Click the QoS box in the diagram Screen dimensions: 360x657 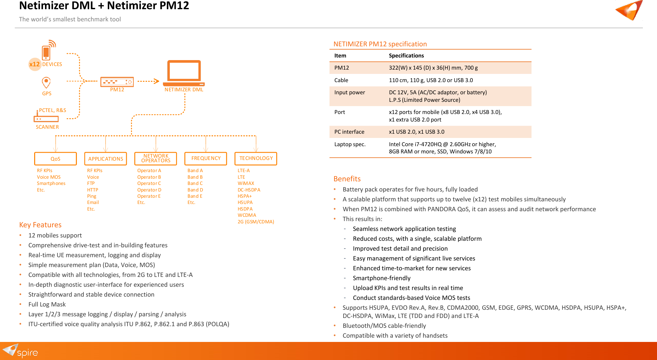[x=55, y=159]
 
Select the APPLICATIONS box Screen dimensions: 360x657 [x=105, y=159]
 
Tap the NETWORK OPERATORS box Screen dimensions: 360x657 [x=156, y=158]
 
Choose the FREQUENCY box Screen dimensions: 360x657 [x=206, y=158]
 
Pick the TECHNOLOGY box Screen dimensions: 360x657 [x=256, y=158]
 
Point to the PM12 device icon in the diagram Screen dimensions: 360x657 [x=117, y=81]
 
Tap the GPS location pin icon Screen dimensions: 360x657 [x=46, y=82]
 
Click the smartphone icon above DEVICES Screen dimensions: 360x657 [x=46, y=52]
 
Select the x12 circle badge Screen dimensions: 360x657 [x=34, y=64]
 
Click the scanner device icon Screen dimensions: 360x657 [x=46, y=118]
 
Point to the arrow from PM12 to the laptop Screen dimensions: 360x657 [x=148, y=81]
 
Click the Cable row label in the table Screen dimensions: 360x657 [x=341, y=80]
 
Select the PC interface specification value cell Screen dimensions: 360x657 [x=417, y=132]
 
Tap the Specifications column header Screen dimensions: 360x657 [x=406, y=56]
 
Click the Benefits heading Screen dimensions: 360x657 [x=347, y=179]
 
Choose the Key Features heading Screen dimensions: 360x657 [x=40, y=225]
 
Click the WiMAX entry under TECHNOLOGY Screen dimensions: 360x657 [x=246, y=183]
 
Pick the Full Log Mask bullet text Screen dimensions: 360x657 [x=47, y=304]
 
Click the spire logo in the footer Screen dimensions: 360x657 [x=20, y=351]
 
